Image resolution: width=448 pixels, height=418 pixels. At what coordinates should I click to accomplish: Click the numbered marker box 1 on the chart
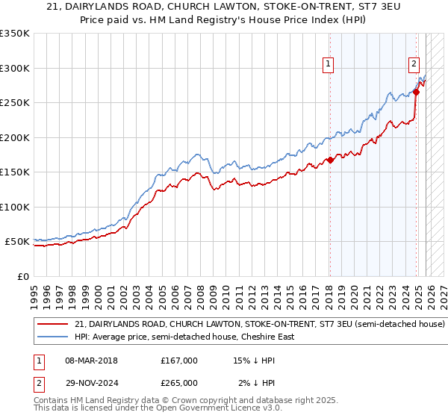(329, 65)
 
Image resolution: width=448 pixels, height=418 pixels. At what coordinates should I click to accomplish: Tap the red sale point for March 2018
(330, 160)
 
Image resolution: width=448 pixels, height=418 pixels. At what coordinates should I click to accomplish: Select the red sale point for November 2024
(417, 93)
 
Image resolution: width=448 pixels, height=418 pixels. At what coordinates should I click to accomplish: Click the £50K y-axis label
(17, 242)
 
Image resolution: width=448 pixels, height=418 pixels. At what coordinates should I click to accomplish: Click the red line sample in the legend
(53, 325)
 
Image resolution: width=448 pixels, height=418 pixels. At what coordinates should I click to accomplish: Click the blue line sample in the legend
(53, 337)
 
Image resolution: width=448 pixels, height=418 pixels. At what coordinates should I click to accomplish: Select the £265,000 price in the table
(179, 382)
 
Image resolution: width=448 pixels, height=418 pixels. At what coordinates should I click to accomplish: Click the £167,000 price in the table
(179, 361)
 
